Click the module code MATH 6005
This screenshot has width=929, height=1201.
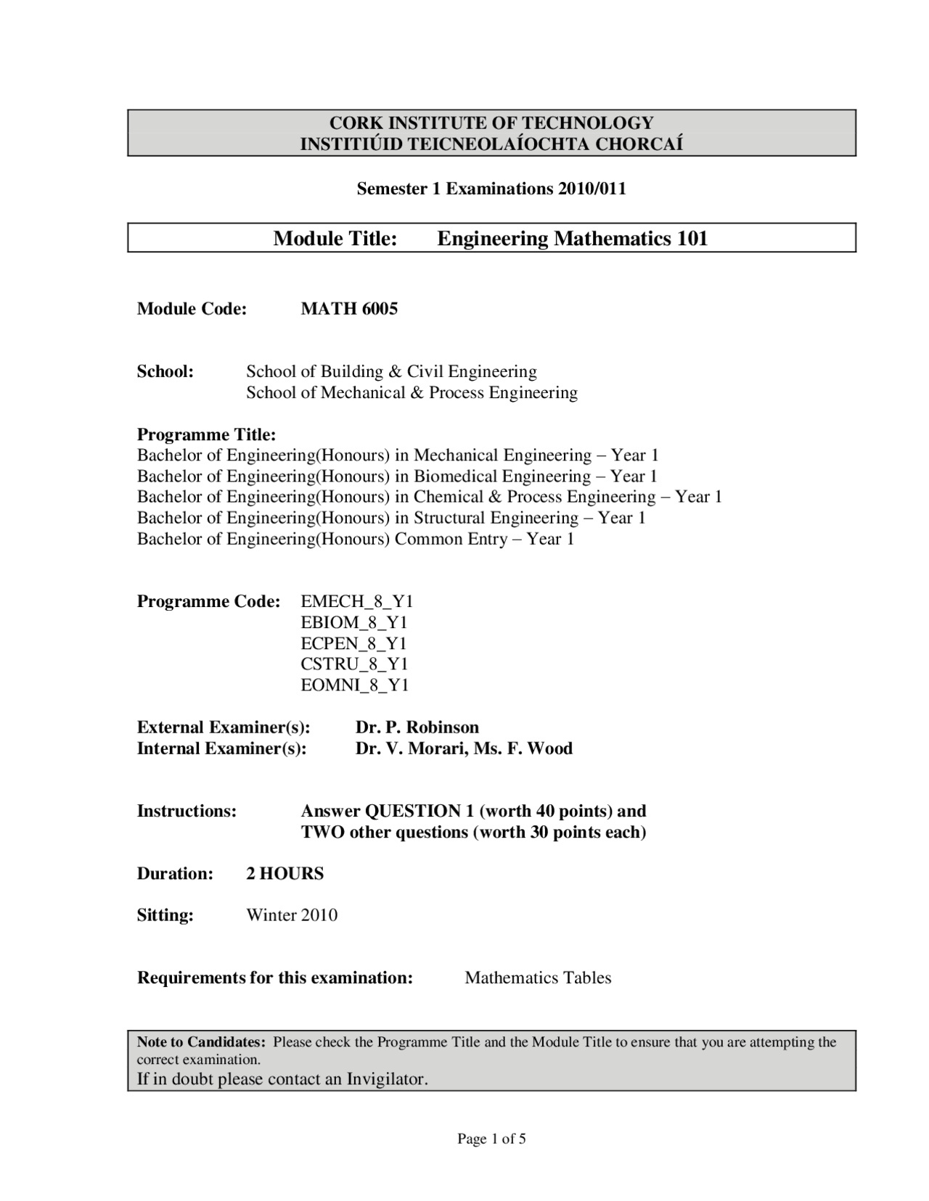pos(349,309)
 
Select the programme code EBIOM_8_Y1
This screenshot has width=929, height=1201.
pos(354,622)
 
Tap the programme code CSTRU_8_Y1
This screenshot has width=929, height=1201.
pos(354,664)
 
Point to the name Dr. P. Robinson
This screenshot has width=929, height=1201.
pos(417,727)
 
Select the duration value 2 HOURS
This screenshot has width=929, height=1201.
pos(285,873)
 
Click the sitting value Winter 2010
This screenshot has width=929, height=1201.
pos(292,915)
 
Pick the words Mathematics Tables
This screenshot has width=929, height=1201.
pos(538,978)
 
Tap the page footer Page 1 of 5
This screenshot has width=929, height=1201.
pos(491,1139)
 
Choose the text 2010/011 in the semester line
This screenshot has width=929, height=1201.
pos(592,189)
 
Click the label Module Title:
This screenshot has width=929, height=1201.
pos(335,239)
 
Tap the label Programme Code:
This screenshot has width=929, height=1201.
pos(208,601)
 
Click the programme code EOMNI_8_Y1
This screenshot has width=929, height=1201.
pos(355,685)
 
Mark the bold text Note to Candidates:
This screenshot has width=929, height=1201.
pos(202,1042)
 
